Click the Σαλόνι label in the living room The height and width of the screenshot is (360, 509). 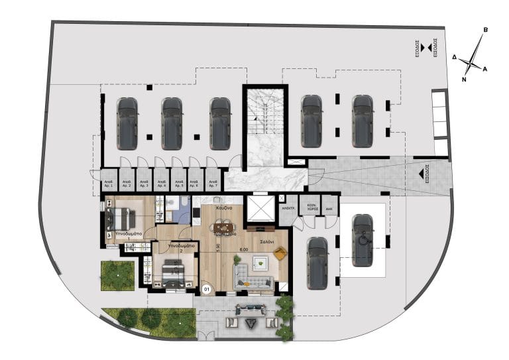266,241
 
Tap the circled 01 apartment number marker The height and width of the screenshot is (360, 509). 207,288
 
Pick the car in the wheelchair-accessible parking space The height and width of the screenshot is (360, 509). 362,240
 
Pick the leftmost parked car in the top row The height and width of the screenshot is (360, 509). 127,123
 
